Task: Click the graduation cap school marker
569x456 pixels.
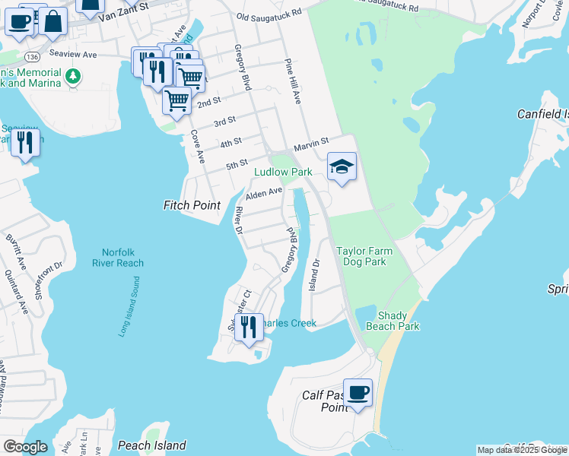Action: [x=342, y=166]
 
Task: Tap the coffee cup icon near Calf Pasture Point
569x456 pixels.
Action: [x=358, y=393]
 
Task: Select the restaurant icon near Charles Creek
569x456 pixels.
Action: [x=249, y=328]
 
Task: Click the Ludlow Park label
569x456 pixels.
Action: [x=283, y=173]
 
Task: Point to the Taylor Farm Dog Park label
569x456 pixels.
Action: [x=361, y=256]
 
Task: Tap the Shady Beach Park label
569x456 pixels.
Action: [x=398, y=321]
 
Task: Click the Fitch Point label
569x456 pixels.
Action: [x=192, y=205]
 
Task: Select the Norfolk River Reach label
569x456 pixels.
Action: [x=118, y=258]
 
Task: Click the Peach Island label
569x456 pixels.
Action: [x=152, y=445]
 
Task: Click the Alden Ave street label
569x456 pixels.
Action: [x=263, y=194]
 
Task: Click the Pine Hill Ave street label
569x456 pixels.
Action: [x=293, y=81]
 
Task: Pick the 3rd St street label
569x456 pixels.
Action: [x=224, y=122]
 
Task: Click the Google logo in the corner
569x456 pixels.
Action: [x=25, y=446]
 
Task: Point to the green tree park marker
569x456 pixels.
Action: [x=73, y=76]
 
